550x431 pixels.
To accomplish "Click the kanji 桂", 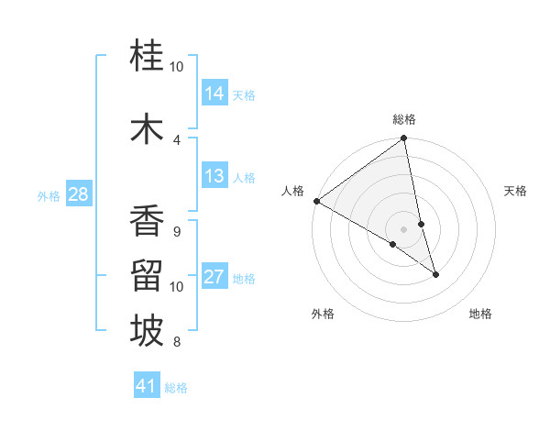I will pyautogui.click(x=147, y=57).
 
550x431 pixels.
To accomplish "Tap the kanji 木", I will pyautogui.click(x=147, y=127).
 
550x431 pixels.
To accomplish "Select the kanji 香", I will pyautogui.click(x=147, y=222).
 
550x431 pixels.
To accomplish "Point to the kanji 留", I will pyautogui.click(x=147, y=277).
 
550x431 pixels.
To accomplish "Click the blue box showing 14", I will pyautogui.click(x=214, y=93).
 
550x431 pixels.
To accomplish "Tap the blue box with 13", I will pyautogui.click(x=214, y=176).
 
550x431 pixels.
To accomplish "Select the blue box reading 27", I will pyautogui.click(x=214, y=277).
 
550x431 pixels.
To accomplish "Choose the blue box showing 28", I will pyautogui.click(x=78, y=194).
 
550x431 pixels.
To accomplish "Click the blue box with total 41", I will pyautogui.click(x=147, y=386).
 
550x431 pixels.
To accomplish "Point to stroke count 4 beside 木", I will pyautogui.click(x=177, y=139).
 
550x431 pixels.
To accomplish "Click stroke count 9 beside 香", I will pyautogui.click(x=177, y=231).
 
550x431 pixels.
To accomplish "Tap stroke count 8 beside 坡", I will pyautogui.click(x=177, y=343).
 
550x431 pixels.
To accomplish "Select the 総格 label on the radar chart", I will pyautogui.click(x=404, y=119).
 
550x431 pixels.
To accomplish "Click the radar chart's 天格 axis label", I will pyautogui.click(x=515, y=191).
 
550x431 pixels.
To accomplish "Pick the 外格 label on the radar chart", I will pyautogui.click(x=323, y=314).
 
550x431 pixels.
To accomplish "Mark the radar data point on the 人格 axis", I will pyautogui.click(x=316, y=201).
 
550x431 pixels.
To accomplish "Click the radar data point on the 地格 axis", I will pyautogui.click(x=435, y=274).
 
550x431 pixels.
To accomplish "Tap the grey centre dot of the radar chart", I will pyautogui.click(x=403, y=228).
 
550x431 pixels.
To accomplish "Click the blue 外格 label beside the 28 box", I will pyautogui.click(x=48, y=195).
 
